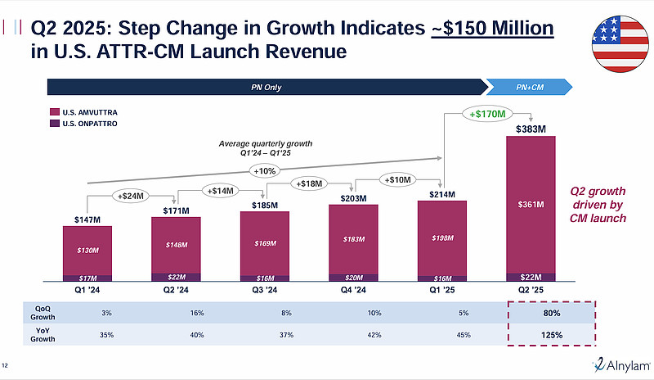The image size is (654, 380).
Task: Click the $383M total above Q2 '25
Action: [x=531, y=129]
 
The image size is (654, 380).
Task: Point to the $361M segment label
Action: [x=531, y=204]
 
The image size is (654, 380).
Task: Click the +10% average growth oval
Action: [x=265, y=170]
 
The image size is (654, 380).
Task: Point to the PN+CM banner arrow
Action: [x=528, y=87]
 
